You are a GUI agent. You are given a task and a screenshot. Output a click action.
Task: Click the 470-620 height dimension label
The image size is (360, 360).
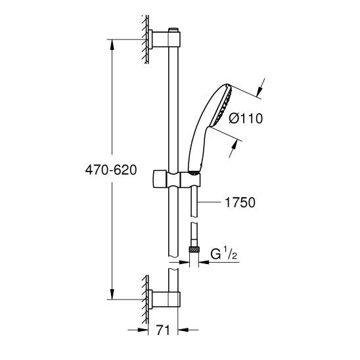(x=110, y=169)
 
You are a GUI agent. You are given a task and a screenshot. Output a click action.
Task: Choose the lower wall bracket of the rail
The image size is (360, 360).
(x=164, y=298)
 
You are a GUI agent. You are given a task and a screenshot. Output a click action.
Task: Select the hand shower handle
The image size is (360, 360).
(x=196, y=151)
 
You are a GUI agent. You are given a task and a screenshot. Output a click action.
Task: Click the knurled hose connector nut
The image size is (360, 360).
(x=194, y=251)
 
